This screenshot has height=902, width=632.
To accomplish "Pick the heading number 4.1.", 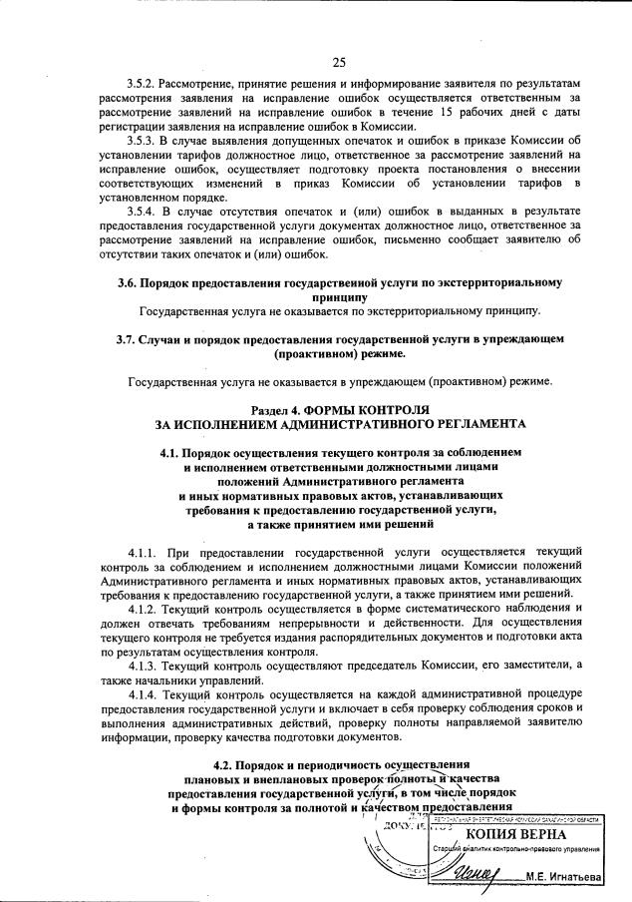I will [x=172, y=453].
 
